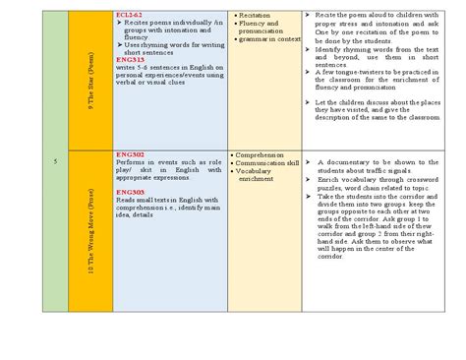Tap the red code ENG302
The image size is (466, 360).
point(130,155)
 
